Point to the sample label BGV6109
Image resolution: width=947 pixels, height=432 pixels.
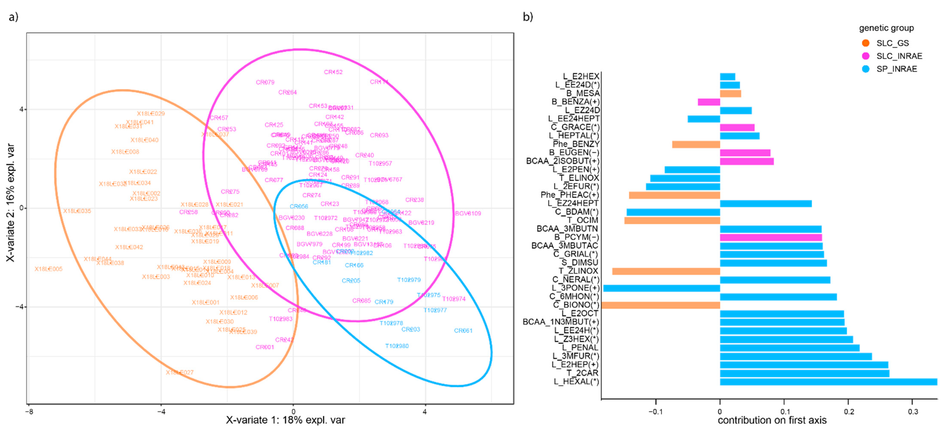pos(468,213)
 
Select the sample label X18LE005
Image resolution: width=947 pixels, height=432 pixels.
pos(49,269)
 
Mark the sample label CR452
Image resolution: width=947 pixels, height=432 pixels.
pos(333,72)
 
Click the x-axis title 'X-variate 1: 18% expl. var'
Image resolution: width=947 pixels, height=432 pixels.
pos(285,420)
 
